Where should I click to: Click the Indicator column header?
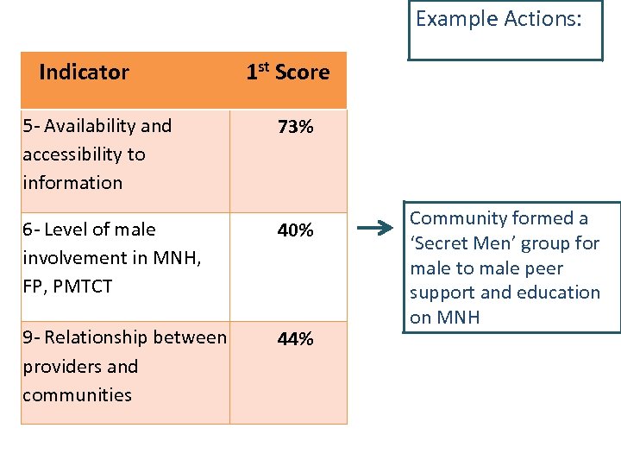(84, 72)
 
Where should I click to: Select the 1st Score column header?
(287, 72)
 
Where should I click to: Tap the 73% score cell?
(295, 129)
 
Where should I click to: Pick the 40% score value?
(295, 231)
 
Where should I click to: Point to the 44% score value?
(295, 340)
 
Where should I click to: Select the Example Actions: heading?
(498, 19)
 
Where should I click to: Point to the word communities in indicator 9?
(77, 395)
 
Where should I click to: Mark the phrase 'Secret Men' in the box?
(461, 243)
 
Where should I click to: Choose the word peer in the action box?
(543, 268)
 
